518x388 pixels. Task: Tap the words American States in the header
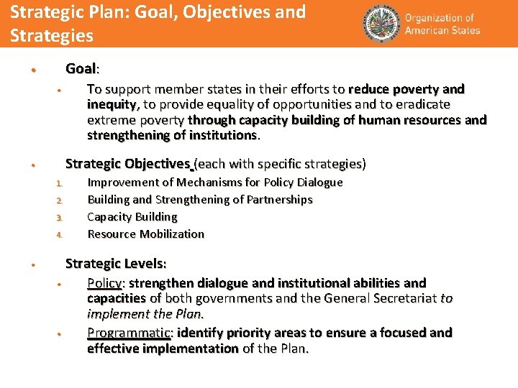click(442, 30)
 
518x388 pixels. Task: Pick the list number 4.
click(60, 235)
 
